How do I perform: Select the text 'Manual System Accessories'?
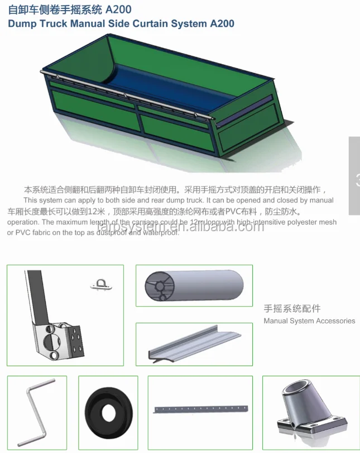tap(309, 321)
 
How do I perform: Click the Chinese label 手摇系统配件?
tap(292, 308)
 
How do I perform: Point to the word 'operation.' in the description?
tap(24, 222)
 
